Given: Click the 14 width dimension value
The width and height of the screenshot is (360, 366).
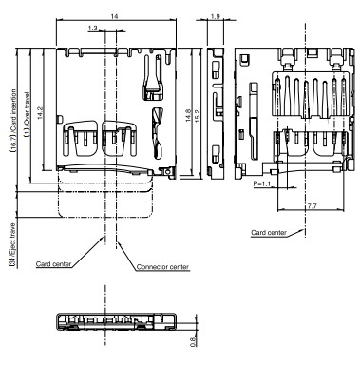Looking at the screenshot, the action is [115, 16].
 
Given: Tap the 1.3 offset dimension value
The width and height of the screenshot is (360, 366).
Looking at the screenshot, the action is [92, 29].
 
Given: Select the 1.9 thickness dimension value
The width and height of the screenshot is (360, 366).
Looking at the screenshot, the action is [215, 16].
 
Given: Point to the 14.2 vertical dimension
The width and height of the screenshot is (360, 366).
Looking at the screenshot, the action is [40, 113].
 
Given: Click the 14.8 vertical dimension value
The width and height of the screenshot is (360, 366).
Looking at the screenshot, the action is [188, 116].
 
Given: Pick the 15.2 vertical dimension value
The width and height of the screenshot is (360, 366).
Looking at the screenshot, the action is [197, 116].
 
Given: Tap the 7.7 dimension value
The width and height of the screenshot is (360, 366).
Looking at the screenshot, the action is [312, 206].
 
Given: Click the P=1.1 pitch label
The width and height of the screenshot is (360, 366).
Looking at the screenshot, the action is [262, 183].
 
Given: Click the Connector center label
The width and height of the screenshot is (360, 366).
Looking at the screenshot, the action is [162, 267].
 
